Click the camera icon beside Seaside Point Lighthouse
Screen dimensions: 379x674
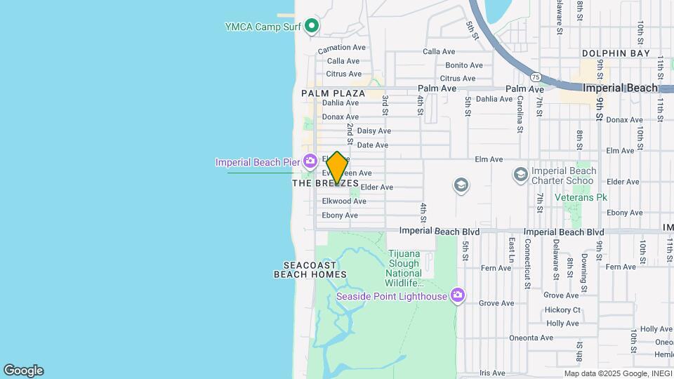point(458,295)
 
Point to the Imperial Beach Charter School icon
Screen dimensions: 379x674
point(521,173)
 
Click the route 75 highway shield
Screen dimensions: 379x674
point(536,77)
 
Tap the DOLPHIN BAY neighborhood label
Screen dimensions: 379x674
point(616,53)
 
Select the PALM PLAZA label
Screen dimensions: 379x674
point(333,93)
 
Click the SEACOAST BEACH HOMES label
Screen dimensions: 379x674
point(315,270)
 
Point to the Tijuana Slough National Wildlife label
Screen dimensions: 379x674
point(404,268)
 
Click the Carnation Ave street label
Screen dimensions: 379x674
point(342,48)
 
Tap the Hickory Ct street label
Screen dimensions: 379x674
point(563,310)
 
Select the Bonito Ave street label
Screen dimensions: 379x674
point(464,65)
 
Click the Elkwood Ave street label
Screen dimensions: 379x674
point(344,201)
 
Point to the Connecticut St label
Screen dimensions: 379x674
point(527,262)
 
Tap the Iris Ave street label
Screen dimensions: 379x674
point(492,373)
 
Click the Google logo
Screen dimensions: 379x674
point(23,371)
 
